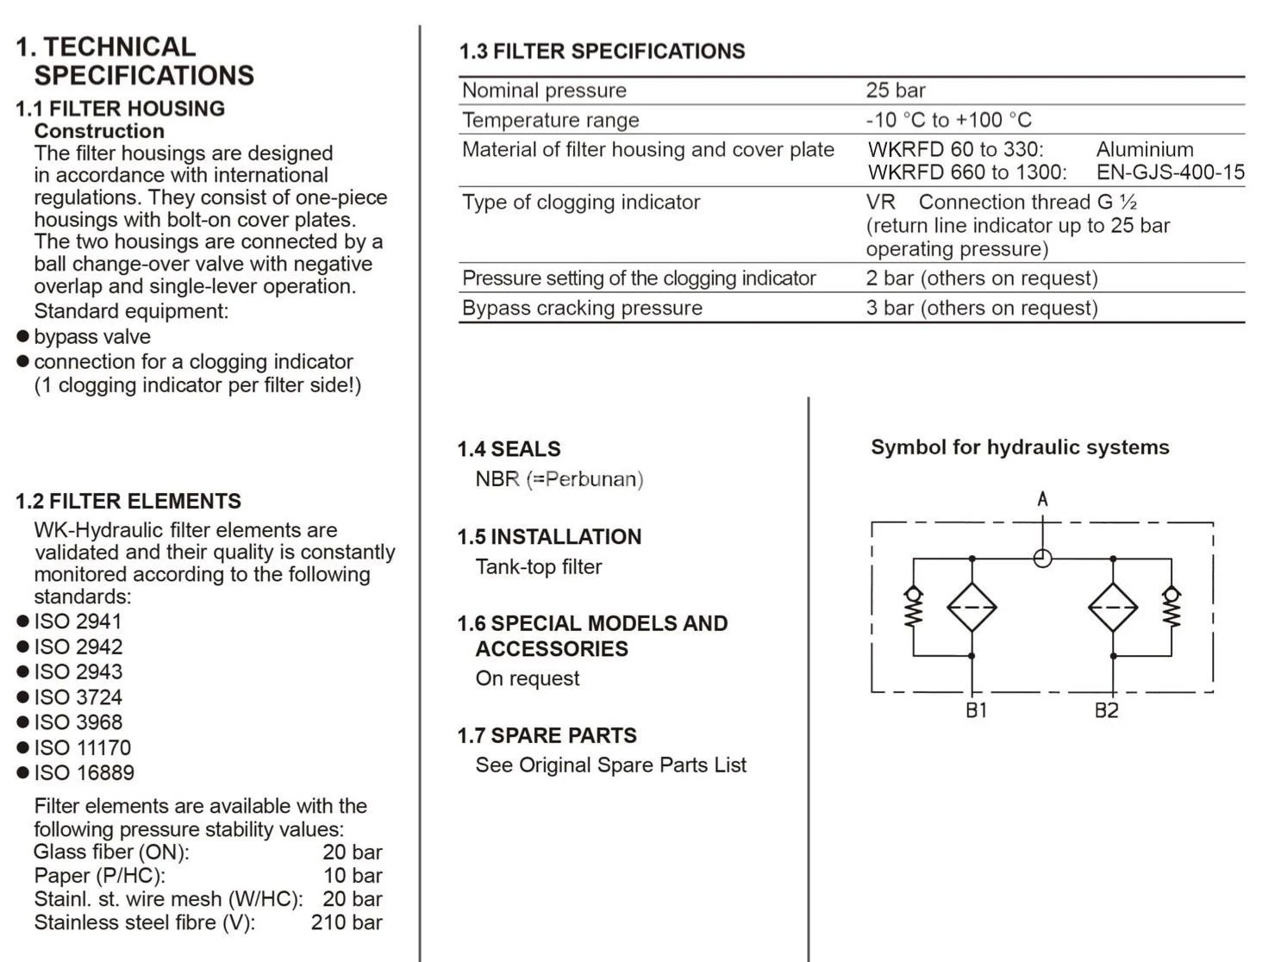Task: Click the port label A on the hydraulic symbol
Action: click(x=1042, y=498)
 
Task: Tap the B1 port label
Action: click(x=976, y=710)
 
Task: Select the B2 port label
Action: click(x=1106, y=710)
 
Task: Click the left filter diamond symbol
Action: click(x=971, y=607)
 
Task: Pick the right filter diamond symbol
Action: click(x=1113, y=607)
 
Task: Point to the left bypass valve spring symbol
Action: click(x=914, y=608)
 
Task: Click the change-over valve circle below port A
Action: click(x=1042, y=559)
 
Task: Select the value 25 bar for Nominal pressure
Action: click(x=896, y=91)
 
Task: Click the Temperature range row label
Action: click(x=550, y=120)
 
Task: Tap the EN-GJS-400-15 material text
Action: click(x=1170, y=172)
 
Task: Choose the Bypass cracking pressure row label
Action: click(x=582, y=308)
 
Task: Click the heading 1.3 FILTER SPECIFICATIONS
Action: click(x=602, y=51)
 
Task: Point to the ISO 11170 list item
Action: click(x=82, y=747)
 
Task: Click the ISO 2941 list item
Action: click(x=78, y=622)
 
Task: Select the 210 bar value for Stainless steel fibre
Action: click(x=346, y=922)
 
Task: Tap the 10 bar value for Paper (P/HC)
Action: click(x=352, y=876)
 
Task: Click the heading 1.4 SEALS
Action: click(x=509, y=449)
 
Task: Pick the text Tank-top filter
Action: click(x=539, y=566)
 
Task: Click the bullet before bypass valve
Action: click(x=23, y=336)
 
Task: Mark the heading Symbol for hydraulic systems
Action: click(x=1020, y=447)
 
